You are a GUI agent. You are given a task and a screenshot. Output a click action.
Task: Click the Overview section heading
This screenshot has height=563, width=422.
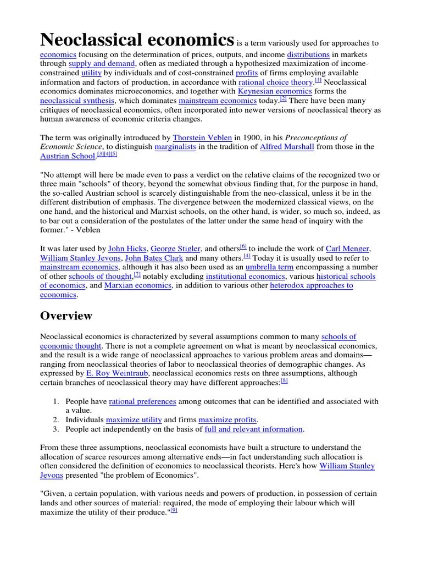[x=66, y=316]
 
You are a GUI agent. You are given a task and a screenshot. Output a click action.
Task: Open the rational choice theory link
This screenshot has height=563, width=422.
[x=275, y=82]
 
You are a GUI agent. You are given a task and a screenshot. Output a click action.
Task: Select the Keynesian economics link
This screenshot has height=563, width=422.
[x=275, y=91]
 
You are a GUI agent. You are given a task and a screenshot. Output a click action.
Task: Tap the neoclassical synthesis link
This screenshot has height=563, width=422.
[x=77, y=101]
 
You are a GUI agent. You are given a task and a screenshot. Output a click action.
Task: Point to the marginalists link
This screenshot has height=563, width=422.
[x=176, y=147]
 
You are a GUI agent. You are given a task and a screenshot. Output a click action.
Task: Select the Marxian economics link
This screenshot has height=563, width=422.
[x=138, y=286]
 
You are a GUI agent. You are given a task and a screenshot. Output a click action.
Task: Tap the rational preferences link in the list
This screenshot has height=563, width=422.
[x=142, y=402]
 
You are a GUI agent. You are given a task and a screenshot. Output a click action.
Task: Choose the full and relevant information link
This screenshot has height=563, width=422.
[x=253, y=429]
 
